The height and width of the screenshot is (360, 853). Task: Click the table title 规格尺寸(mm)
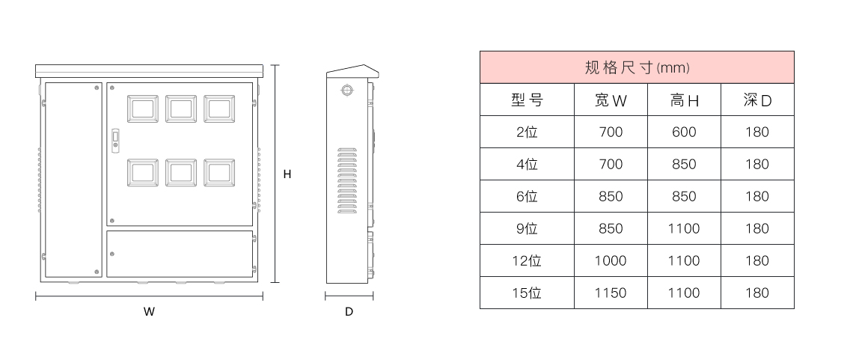click(x=636, y=67)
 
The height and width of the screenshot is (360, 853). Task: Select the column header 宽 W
click(x=611, y=100)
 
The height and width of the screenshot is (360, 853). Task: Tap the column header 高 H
click(x=684, y=100)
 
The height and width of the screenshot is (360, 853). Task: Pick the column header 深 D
click(x=757, y=100)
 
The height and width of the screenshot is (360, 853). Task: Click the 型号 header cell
click(x=527, y=100)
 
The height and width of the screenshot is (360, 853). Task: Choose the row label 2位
click(x=527, y=132)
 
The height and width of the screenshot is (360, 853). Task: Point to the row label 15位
click(x=527, y=293)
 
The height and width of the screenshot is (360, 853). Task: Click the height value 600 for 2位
click(x=684, y=132)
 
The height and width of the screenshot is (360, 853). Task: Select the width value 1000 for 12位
click(x=611, y=260)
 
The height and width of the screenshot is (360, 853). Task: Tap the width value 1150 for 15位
click(x=611, y=293)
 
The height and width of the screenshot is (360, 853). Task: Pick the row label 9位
click(x=527, y=228)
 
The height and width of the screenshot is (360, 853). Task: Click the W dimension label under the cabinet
click(x=149, y=312)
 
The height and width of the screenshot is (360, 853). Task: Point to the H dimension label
click(x=287, y=174)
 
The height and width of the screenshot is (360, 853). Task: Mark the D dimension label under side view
click(x=349, y=312)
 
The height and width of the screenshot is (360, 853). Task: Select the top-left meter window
click(x=142, y=109)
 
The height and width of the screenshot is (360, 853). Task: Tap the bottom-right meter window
click(x=218, y=173)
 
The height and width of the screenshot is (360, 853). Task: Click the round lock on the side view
click(x=346, y=90)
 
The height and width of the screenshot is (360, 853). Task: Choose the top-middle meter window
click(x=180, y=109)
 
